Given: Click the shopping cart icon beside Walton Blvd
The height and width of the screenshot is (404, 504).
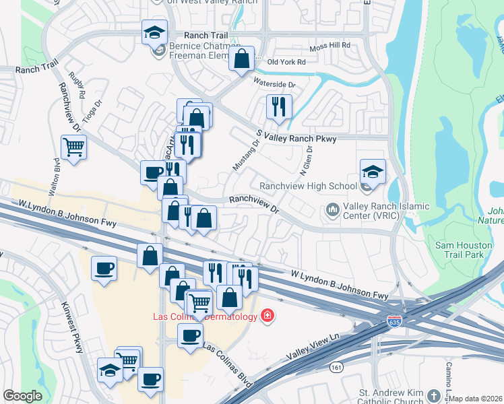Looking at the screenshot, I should pos(73,146).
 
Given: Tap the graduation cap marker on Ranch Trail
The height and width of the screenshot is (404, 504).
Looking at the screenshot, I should pos(154,32).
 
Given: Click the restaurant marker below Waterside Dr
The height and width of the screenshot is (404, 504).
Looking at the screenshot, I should pos(278,106).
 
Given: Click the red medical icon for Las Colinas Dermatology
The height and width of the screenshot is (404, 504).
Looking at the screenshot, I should pos(267,316).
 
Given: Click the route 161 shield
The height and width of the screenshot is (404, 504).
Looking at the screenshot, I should pos(336,367).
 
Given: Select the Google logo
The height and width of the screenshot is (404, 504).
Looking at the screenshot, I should pos(22,396).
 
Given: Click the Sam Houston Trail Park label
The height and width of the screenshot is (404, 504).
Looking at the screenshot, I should pos(464,250).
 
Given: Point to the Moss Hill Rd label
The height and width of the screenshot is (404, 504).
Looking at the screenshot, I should pos(330,45).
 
